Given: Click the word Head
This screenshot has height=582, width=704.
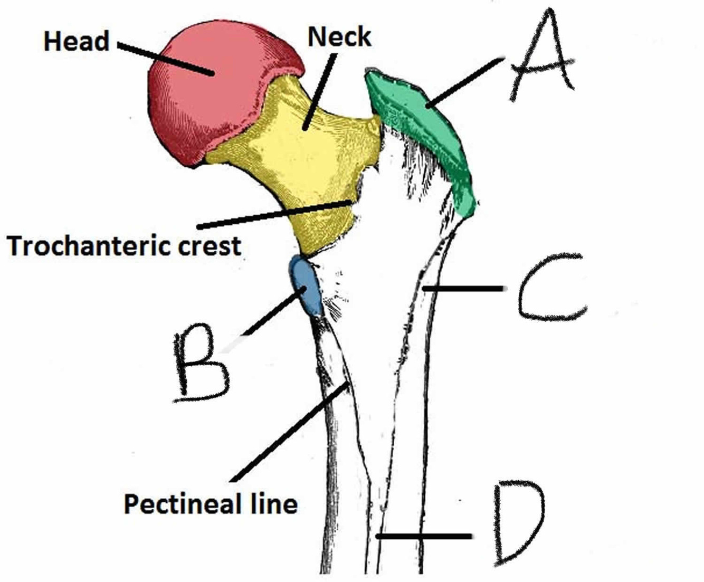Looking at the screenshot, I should [x=77, y=41].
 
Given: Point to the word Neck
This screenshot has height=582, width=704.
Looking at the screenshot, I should [x=339, y=37].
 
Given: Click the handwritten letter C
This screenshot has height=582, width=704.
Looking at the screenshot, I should [x=551, y=288].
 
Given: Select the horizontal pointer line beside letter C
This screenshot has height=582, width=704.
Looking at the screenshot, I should [x=464, y=288].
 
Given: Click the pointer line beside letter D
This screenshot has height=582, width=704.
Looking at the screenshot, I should [x=422, y=537].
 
